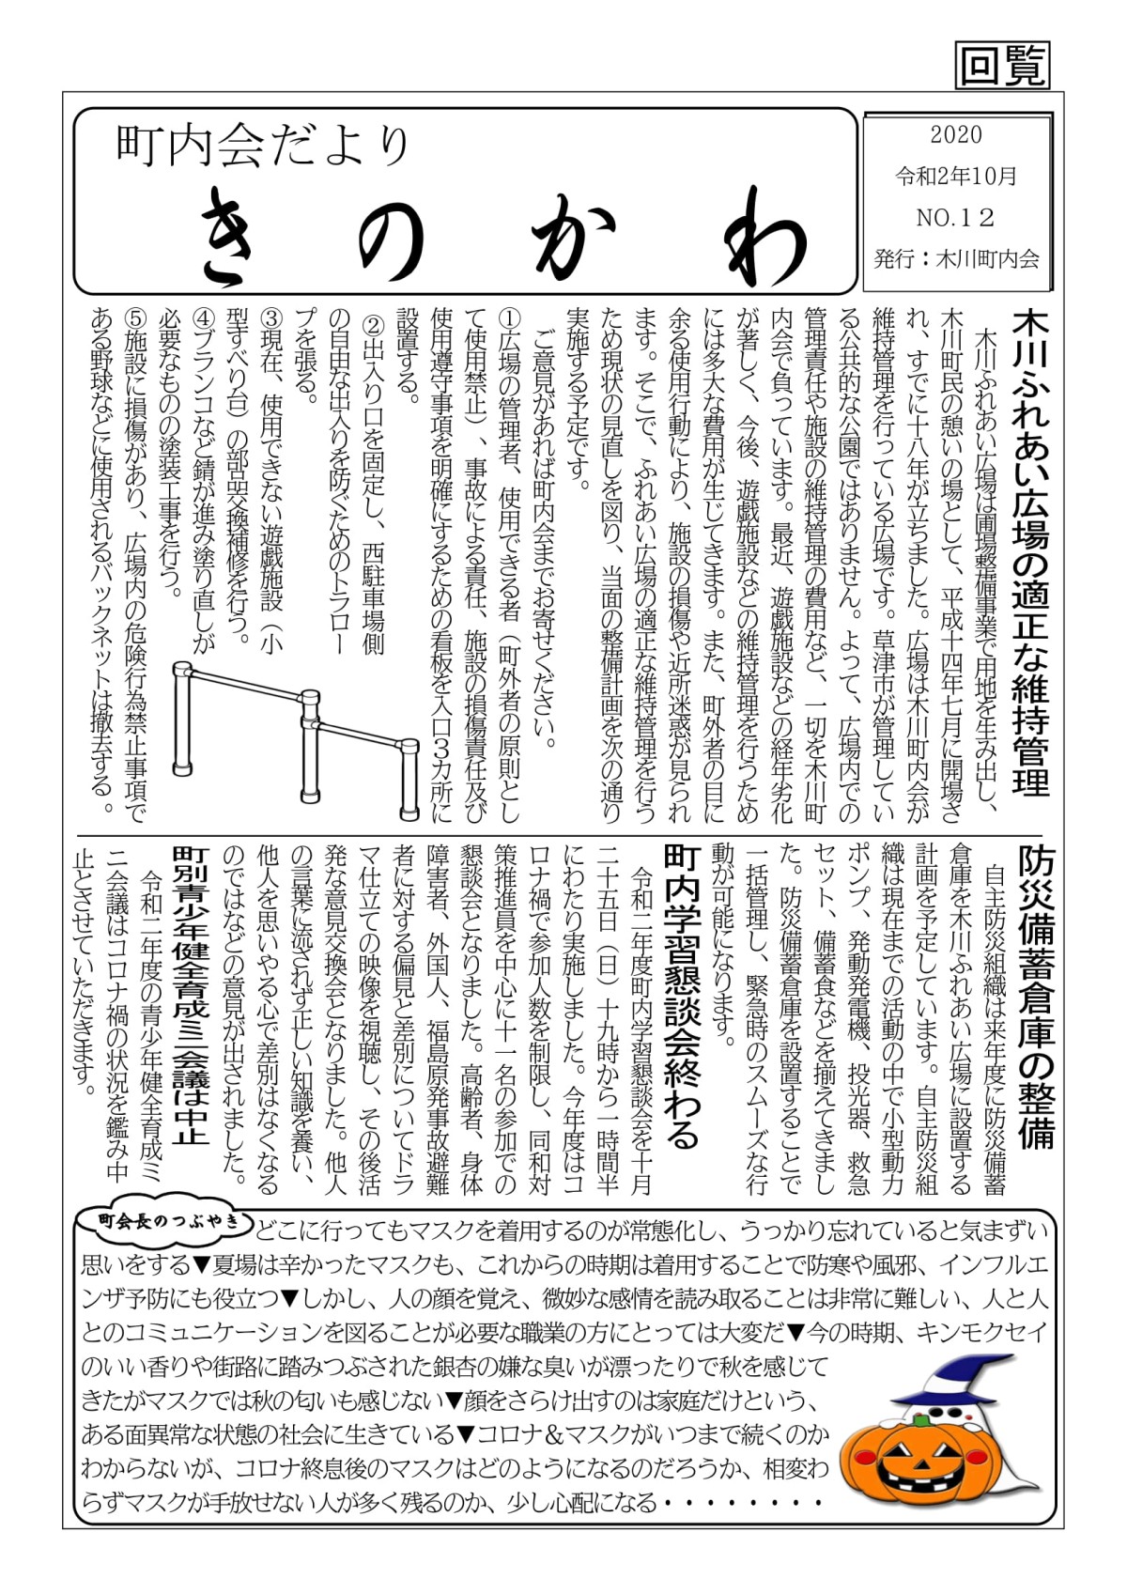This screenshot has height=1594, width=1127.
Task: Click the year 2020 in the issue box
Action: pos(956,134)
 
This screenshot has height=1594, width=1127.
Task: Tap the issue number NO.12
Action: pos(955,218)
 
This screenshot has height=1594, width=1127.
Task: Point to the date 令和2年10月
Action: pos(956,176)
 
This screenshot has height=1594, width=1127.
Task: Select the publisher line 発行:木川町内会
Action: pos(956,258)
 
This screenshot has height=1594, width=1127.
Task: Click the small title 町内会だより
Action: pos(263,146)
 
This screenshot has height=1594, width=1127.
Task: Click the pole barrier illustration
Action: pos(296,737)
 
